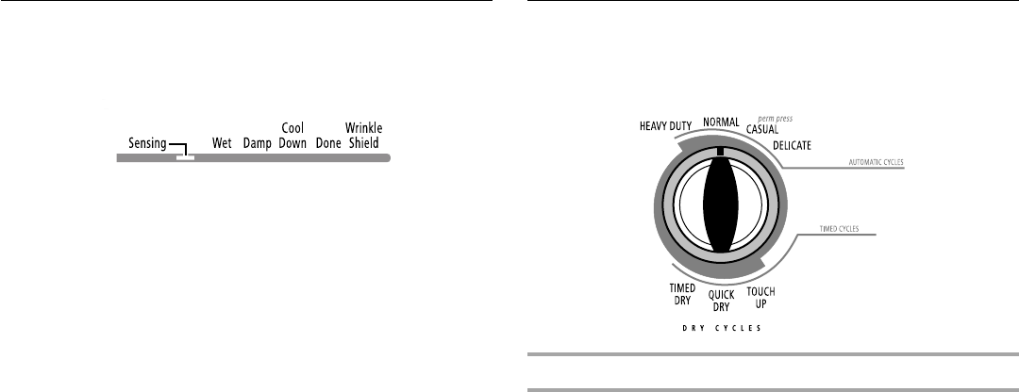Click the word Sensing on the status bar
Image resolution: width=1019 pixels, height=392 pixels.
tap(147, 143)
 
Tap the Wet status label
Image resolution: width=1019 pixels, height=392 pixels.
tap(223, 143)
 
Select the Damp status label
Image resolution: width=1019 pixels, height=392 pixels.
tap(258, 144)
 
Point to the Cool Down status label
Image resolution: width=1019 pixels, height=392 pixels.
tap(292, 136)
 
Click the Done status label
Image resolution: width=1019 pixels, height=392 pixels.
tap(328, 143)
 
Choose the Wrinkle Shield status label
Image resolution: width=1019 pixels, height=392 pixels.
tap(364, 136)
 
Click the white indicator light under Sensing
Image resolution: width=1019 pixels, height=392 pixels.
tap(185, 157)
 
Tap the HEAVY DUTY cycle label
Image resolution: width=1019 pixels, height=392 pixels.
tap(665, 126)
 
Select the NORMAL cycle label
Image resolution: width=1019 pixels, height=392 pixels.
tap(721, 122)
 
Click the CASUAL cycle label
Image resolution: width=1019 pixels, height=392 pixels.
tap(762, 129)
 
